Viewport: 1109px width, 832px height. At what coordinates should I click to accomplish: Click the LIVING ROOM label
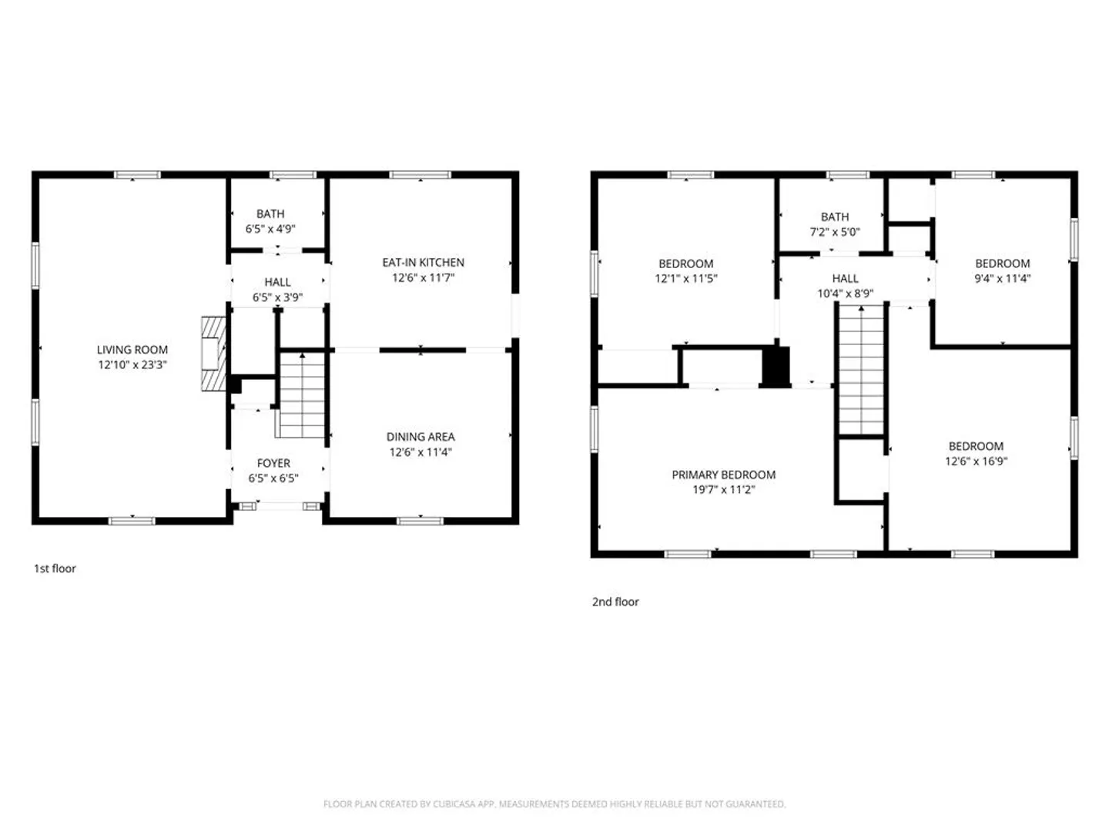(132, 350)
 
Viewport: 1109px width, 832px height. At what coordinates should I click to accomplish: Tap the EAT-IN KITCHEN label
(423, 262)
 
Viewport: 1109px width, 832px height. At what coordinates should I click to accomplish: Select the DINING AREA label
(420, 437)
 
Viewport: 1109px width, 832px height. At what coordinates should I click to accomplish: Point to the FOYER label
(273, 463)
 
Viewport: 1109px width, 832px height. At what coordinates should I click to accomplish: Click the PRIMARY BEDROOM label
(723, 475)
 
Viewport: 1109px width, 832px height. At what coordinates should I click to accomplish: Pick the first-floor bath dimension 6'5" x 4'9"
(270, 229)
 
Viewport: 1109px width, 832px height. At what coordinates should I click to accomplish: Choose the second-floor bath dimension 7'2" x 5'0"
(835, 232)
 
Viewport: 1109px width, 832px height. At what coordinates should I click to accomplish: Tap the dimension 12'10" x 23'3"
(132, 364)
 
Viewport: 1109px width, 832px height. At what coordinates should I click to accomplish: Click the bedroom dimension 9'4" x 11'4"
(1002, 278)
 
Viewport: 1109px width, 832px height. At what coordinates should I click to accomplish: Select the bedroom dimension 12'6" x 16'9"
(976, 461)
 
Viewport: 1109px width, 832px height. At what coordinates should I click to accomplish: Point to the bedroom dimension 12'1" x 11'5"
(685, 278)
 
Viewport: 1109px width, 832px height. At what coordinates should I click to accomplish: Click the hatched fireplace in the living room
(214, 354)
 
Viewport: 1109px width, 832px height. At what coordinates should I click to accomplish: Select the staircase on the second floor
(861, 369)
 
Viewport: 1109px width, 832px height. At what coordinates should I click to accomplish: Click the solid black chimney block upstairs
(776, 367)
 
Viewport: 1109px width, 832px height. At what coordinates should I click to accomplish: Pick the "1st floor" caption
(55, 569)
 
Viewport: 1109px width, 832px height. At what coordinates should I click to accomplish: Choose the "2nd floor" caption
(615, 602)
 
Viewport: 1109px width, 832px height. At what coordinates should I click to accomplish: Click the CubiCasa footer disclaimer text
(554, 803)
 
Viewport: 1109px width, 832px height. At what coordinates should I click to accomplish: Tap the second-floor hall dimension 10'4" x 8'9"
(846, 293)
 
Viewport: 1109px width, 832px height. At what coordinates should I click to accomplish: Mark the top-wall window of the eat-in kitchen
(420, 175)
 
